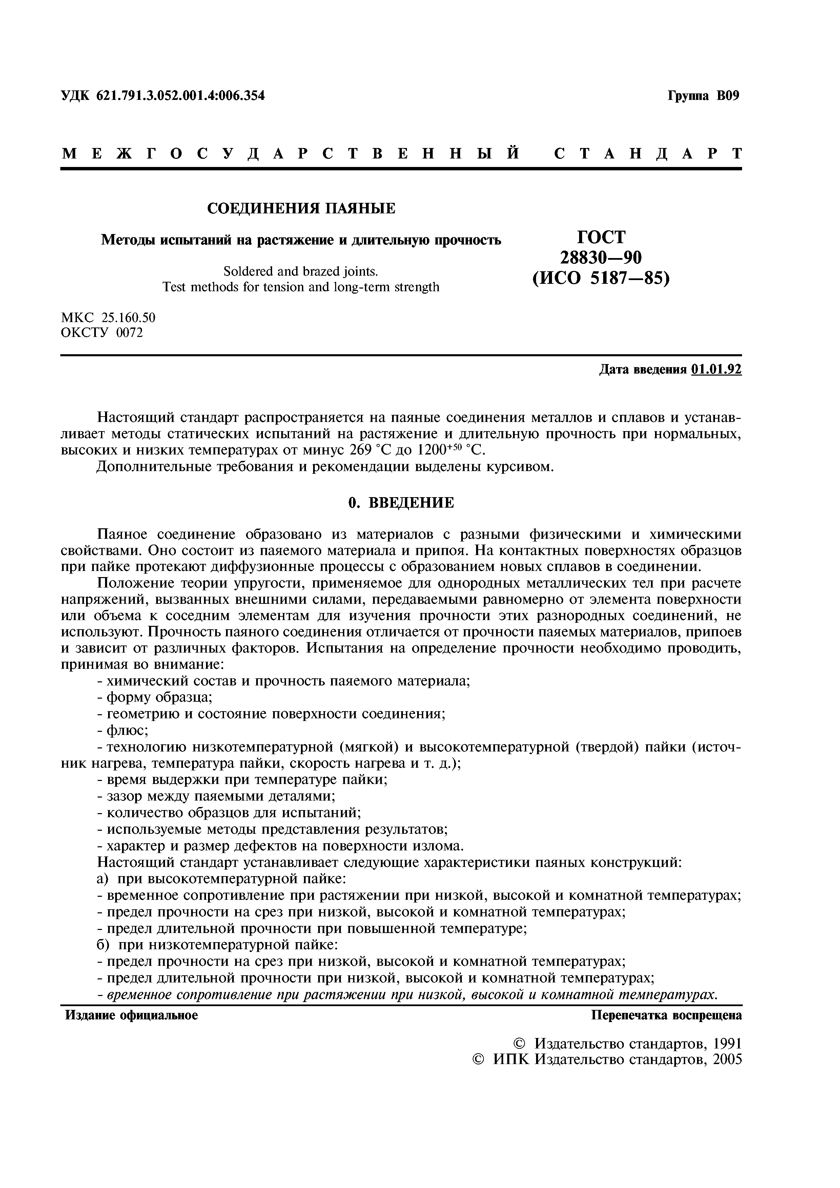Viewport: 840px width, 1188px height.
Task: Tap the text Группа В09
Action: (704, 96)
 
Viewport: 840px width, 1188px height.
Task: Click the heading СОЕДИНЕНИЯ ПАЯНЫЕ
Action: (301, 209)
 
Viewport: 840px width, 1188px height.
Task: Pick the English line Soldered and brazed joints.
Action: (301, 271)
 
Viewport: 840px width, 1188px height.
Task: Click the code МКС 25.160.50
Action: (108, 317)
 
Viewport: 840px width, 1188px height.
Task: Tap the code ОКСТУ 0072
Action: (102, 332)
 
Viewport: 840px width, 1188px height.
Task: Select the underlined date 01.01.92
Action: (716, 369)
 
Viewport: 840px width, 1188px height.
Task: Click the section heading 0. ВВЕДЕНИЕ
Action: (401, 503)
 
